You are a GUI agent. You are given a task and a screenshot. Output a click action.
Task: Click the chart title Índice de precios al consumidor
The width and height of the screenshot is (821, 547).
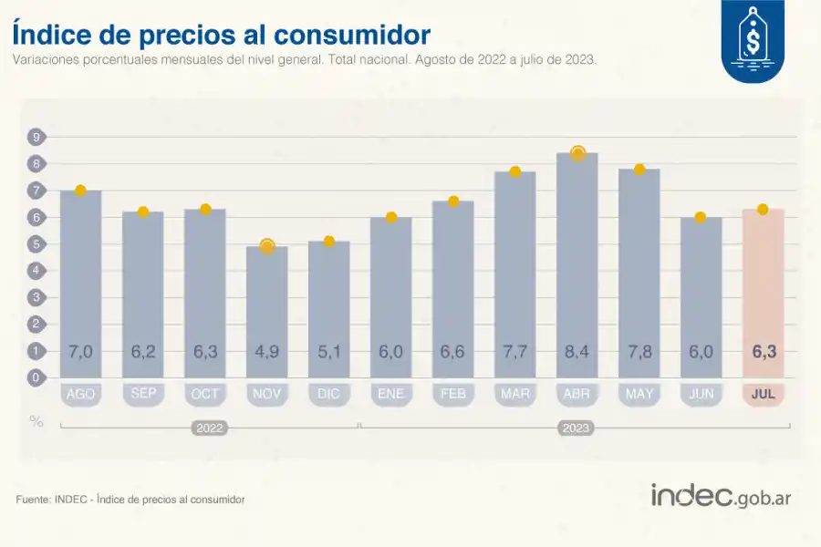[x=221, y=35]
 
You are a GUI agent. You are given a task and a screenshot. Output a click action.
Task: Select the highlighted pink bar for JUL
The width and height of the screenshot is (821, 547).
[x=763, y=292]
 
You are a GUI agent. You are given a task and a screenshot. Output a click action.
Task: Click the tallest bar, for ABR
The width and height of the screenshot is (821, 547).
[x=577, y=264]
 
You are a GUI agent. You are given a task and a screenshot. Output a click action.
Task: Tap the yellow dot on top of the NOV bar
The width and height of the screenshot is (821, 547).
[x=266, y=246]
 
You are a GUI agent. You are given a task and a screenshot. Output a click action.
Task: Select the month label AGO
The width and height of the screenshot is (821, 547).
[x=80, y=395]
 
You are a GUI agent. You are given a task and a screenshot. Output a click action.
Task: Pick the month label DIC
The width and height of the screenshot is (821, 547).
[x=328, y=395]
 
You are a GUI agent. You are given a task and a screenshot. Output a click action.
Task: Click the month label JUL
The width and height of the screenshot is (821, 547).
[x=763, y=395]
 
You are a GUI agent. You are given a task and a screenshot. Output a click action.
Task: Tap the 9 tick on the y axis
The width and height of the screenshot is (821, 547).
[x=36, y=138]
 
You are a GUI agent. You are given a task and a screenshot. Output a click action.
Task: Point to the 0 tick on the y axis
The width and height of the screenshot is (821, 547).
[x=36, y=377]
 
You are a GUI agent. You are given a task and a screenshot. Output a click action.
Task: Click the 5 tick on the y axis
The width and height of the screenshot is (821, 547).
[x=36, y=244]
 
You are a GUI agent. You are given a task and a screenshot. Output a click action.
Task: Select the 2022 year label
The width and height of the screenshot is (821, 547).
[x=210, y=427]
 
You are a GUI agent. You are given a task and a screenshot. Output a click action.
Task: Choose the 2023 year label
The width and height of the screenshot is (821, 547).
[x=577, y=427]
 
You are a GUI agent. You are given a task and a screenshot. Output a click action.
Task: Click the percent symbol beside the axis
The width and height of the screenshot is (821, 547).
[x=36, y=421]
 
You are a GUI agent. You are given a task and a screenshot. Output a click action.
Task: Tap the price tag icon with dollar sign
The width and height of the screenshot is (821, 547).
[x=752, y=38]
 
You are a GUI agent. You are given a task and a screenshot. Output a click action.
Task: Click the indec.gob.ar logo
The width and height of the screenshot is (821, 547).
[x=720, y=496]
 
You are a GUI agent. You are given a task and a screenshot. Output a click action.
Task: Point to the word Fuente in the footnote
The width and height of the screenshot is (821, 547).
[x=33, y=500]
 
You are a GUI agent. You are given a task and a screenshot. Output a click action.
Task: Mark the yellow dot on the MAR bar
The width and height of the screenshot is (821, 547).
[x=514, y=171]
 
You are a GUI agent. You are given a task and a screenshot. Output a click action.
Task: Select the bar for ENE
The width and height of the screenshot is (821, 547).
[x=390, y=296]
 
